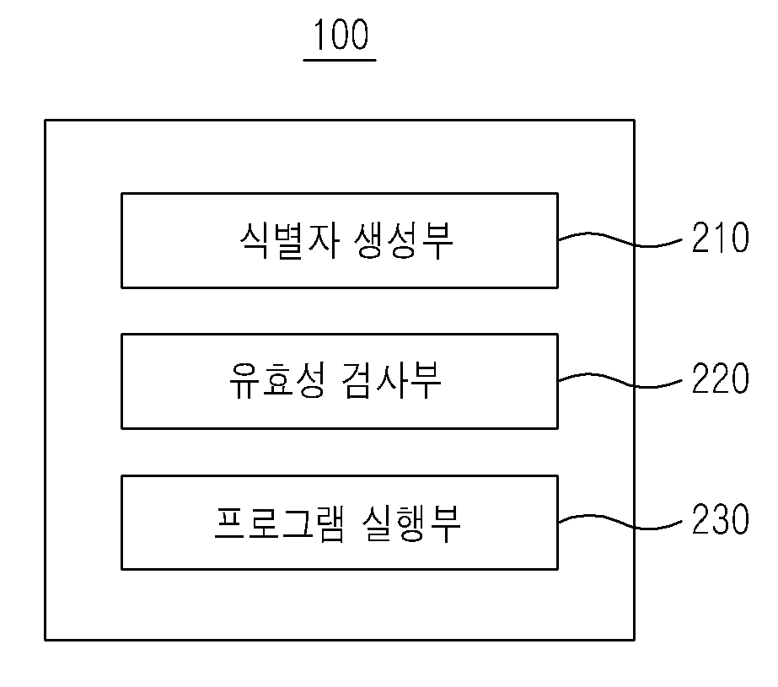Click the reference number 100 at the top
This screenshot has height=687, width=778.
click(x=341, y=35)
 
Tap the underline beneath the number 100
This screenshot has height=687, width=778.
click(x=340, y=60)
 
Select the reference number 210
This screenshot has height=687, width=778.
click(x=721, y=238)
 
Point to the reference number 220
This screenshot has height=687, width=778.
click(x=721, y=378)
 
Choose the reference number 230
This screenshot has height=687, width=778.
click(x=721, y=519)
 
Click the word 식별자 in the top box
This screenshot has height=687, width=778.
click(x=290, y=240)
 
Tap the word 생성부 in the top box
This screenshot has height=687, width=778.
click(x=404, y=240)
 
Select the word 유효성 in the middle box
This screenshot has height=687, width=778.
click(x=278, y=380)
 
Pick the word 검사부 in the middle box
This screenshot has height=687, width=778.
click(x=391, y=380)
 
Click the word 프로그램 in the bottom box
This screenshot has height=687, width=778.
click(x=279, y=523)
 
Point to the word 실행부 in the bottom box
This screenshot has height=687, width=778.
click(x=411, y=523)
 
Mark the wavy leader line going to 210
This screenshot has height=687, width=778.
click(x=620, y=239)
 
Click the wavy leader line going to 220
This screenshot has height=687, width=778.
click(x=620, y=380)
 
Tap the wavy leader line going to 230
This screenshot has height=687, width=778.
click(x=620, y=522)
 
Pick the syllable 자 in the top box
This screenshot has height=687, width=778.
click(x=325, y=240)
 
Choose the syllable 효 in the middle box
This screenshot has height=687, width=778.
click(x=278, y=380)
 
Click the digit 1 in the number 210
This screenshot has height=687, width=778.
click(x=721, y=238)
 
